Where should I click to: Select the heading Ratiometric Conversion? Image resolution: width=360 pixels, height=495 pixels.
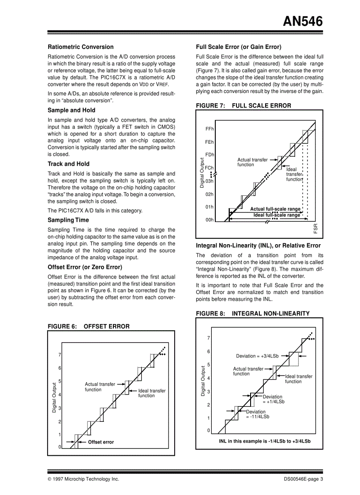click(80, 47)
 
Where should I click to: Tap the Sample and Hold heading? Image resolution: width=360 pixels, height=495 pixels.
click(71, 110)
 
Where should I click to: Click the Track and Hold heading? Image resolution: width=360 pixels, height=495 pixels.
click(68, 164)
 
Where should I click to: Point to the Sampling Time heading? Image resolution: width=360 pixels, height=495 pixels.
click(68, 220)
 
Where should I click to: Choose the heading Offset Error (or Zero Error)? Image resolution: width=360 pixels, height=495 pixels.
click(85, 267)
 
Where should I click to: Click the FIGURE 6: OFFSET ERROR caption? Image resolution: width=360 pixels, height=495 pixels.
click(89, 327)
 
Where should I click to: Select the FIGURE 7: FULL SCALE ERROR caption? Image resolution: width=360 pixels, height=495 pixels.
click(244, 106)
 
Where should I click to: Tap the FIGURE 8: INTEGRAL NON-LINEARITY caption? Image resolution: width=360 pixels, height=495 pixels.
click(253, 314)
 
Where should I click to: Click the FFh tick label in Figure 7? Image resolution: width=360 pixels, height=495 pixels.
click(210, 129)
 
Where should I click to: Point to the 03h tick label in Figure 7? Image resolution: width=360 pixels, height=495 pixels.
click(210, 181)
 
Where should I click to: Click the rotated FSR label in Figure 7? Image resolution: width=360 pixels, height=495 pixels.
click(315, 229)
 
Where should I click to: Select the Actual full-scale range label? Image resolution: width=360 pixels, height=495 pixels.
click(275, 209)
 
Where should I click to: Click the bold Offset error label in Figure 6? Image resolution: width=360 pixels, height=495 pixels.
click(101, 442)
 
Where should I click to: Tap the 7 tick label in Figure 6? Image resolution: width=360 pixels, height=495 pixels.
click(60, 355)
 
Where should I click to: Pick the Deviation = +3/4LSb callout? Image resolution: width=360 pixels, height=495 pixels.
click(257, 356)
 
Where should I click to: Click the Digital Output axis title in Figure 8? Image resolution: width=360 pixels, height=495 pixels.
click(203, 381)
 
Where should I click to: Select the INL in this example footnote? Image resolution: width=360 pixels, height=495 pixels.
click(265, 441)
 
